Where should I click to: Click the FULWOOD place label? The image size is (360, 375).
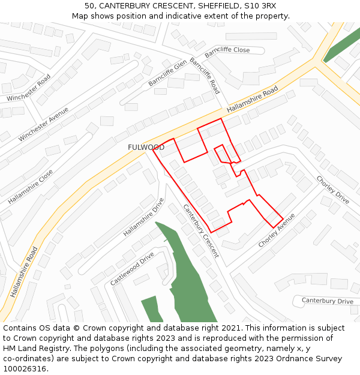(146, 148)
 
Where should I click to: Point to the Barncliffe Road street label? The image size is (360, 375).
(205, 76)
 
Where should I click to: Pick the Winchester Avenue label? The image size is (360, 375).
(43, 124)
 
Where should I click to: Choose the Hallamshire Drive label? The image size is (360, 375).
(143, 217)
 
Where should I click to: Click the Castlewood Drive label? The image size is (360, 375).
(132, 268)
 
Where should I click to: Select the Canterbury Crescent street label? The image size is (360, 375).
(201, 231)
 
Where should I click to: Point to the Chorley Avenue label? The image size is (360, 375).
(277, 230)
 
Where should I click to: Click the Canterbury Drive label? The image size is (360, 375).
(327, 301)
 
